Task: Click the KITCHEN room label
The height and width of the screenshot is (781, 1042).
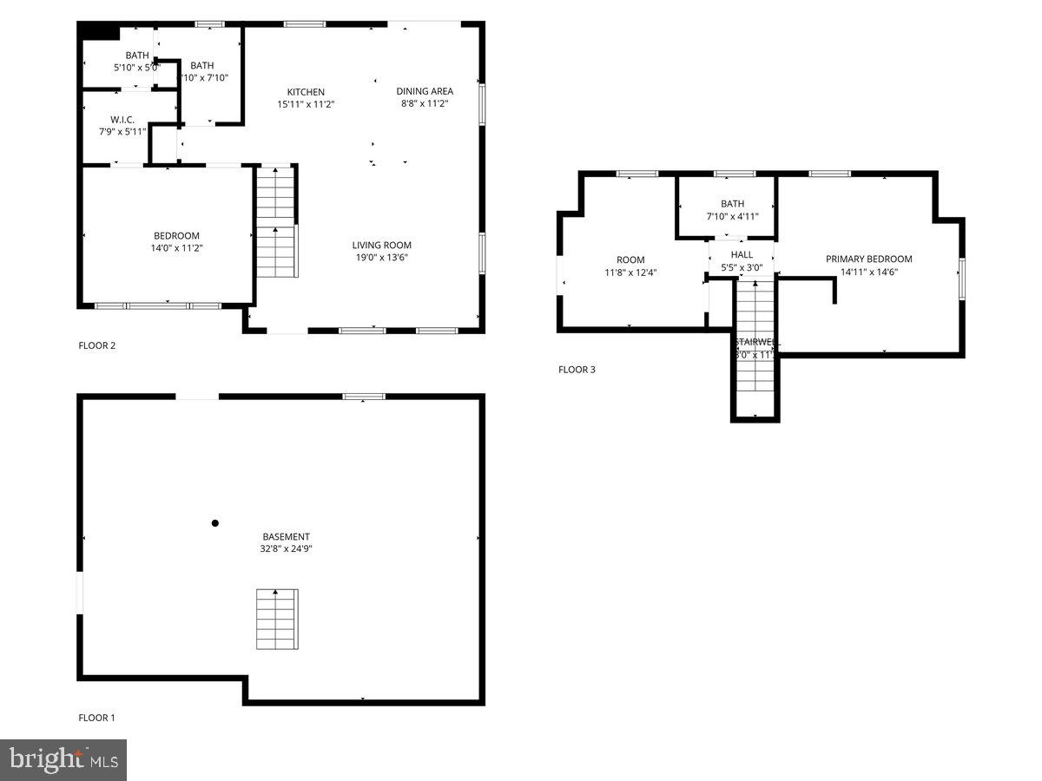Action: [306, 92]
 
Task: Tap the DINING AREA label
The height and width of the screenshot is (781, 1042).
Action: [425, 91]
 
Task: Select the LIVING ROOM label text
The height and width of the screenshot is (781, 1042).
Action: [381, 245]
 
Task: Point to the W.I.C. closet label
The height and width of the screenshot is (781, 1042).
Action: [121, 120]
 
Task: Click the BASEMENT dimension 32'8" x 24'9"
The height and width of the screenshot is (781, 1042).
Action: [286, 548]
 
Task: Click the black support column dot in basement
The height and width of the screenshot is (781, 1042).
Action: [215, 522]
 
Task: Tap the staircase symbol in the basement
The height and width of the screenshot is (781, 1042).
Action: [277, 619]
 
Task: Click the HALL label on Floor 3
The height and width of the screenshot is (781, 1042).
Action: [742, 254]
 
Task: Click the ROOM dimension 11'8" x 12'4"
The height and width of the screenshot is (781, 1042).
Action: [630, 272]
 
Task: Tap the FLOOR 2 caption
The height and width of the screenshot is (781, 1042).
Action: [96, 345]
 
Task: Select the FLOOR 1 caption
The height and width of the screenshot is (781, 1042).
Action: [96, 718]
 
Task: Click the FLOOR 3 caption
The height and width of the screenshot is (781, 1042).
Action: [577, 370]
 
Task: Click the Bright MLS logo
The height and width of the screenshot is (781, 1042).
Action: [63, 760]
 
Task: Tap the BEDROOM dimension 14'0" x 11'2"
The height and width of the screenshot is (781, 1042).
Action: [176, 248]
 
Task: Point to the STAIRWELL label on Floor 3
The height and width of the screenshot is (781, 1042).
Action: [754, 342]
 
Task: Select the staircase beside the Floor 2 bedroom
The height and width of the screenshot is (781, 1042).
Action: [276, 221]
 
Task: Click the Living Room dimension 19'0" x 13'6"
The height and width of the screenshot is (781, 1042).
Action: [381, 257]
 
